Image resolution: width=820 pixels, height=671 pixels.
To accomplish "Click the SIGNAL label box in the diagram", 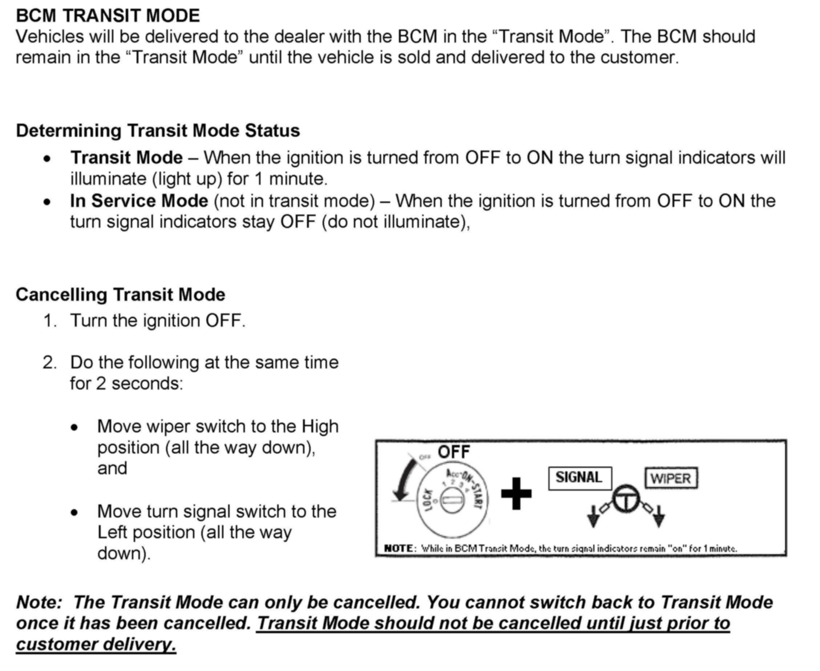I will click(579, 478).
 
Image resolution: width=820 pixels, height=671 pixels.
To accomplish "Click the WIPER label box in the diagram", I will click(671, 479).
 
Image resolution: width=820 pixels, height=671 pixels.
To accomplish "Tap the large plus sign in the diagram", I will click(516, 494).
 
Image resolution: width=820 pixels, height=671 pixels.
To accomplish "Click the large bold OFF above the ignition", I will click(454, 452).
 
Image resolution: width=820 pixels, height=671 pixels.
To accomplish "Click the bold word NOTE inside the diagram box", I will click(399, 548).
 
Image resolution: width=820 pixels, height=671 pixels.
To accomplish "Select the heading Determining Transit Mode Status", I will click(158, 131).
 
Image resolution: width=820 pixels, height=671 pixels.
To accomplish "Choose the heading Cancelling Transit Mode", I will click(121, 295).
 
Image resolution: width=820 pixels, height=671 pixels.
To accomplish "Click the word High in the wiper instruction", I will click(320, 426).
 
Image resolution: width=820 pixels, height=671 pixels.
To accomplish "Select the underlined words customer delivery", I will click(96, 644).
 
